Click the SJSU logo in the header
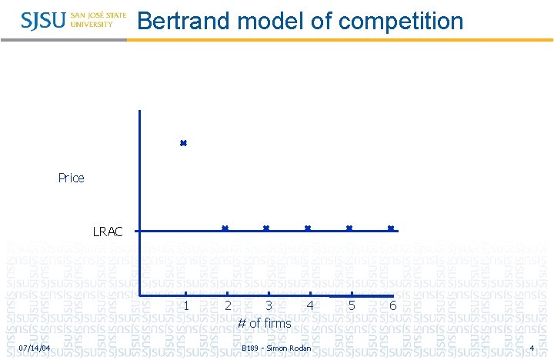(73, 19)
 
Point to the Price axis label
(71, 178)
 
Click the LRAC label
(108, 231)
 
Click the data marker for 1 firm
(183, 143)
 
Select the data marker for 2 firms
(225, 228)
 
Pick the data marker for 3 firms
(266, 228)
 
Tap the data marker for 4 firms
(308, 228)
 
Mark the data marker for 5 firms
(349, 228)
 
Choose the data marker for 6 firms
(391, 228)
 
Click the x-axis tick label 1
(187, 305)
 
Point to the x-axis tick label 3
(269, 305)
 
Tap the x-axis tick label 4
(310, 305)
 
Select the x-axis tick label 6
(392, 305)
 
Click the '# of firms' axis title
(264, 323)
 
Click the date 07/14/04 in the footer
(35, 348)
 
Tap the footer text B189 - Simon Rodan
(276, 348)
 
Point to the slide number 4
(532, 348)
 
